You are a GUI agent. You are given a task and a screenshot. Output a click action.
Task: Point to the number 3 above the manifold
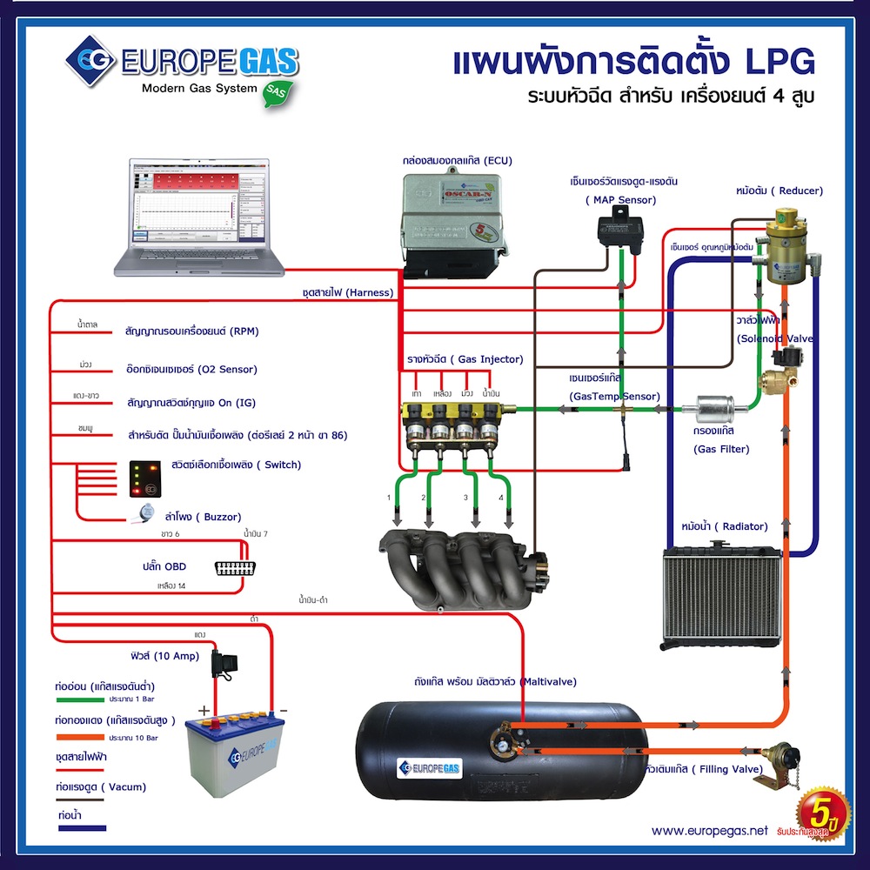[465, 499]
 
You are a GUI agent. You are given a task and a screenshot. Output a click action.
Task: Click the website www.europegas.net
[709, 831]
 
